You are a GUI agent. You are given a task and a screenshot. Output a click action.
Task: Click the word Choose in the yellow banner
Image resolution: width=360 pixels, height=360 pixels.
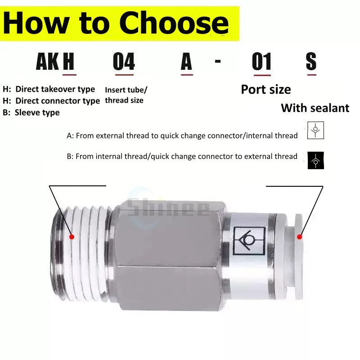click(x=174, y=23)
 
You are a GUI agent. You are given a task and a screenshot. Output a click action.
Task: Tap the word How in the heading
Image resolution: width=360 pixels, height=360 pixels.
click(x=36, y=23)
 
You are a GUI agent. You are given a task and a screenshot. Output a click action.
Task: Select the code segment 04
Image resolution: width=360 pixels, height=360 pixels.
click(x=124, y=61)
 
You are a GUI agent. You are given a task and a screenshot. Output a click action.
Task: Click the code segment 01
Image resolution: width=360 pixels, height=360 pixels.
click(x=262, y=61)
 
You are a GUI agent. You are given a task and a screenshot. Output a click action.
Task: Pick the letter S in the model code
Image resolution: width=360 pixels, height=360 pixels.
click(x=311, y=61)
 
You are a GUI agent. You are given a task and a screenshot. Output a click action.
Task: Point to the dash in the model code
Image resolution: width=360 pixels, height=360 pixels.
click(x=218, y=61)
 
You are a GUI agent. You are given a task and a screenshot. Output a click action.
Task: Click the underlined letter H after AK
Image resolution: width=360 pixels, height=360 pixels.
click(x=69, y=61)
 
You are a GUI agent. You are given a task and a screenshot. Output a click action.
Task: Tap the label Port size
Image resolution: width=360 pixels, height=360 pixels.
click(x=266, y=90)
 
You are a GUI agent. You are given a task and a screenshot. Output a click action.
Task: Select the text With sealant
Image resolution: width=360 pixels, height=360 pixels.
click(x=315, y=108)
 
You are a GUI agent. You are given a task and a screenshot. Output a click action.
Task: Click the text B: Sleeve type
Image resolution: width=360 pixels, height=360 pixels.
click(x=31, y=112)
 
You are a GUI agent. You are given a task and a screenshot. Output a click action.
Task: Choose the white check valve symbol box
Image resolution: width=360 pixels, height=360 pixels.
click(x=316, y=130)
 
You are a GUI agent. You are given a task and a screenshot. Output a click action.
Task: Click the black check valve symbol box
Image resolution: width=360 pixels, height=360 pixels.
click(x=316, y=160)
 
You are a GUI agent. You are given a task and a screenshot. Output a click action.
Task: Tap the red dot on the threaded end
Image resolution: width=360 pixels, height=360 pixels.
click(x=72, y=237)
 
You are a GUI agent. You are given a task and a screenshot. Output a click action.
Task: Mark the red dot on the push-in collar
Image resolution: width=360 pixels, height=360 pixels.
click(x=299, y=237)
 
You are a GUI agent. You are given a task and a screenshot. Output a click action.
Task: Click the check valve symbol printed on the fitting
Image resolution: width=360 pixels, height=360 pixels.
click(x=249, y=241)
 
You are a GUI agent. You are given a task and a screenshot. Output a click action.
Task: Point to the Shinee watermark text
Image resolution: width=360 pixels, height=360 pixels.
click(x=168, y=208)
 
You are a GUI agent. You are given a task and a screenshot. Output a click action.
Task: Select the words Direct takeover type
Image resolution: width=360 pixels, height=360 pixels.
click(x=55, y=89)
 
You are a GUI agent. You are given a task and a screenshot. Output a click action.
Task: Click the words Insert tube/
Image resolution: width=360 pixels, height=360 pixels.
click(x=126, y=90)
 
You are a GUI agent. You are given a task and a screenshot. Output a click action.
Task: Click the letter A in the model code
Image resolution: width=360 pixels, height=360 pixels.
click(x=186, y=61)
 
